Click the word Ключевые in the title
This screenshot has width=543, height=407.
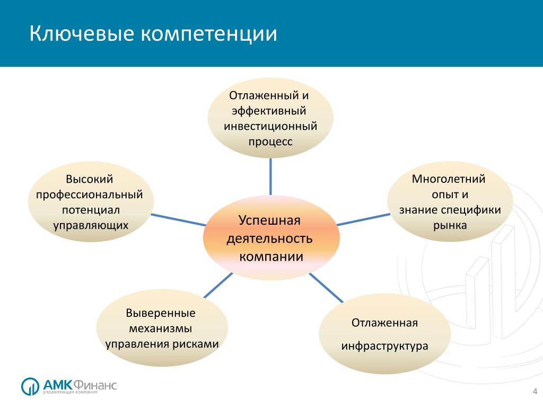[x=82, y=33]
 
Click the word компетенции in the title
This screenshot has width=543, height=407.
[x=209, y=34]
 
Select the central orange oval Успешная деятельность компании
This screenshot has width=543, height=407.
[x=271, y=238]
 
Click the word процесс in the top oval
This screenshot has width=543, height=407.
[x=270, y=142]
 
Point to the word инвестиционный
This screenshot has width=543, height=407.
[x=270, y=126]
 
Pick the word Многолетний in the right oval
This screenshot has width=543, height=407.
[x=449, y=179]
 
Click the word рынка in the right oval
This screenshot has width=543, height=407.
[x=450, y=226]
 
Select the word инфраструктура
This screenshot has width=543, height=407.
[x=385, y=346]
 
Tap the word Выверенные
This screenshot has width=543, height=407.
[x=161, y=313]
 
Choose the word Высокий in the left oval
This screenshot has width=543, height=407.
[x=89, y=179]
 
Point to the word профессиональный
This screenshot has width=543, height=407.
[x=89, y=195]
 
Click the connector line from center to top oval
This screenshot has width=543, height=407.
[x=270, y=177]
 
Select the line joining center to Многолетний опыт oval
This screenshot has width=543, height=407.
[x=363, y=220]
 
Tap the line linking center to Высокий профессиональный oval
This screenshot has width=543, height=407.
[x=179, y=220]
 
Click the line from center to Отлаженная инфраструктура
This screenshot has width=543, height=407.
[x=326, y=288]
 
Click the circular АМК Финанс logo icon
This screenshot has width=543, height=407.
[x=30, y=386]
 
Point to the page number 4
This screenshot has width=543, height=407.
[x=535, y=392]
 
